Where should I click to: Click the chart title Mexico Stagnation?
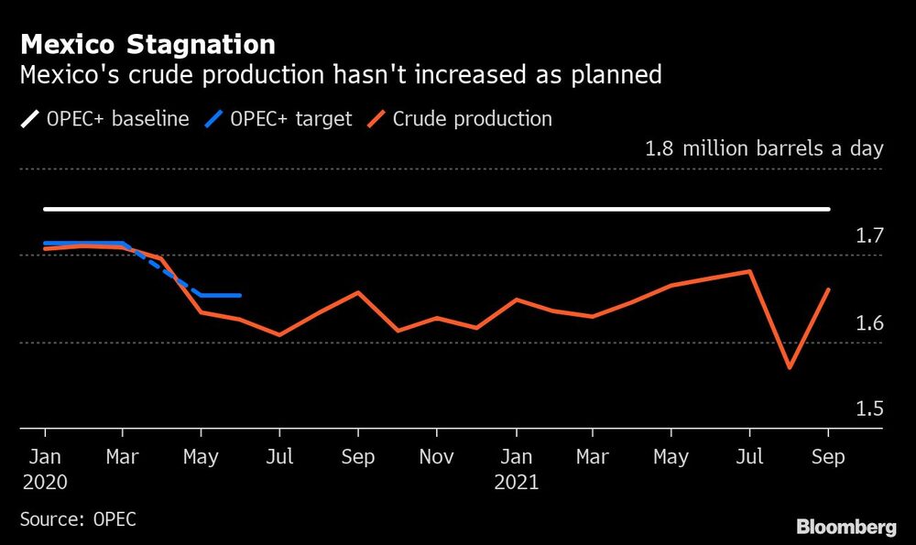coord(147,44)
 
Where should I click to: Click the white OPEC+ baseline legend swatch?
coord(29,119)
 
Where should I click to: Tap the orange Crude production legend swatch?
coord(376,119)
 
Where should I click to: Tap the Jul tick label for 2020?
coord(279,456)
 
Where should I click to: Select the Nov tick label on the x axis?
coord(436,456)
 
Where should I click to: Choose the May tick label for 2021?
coord(671,456)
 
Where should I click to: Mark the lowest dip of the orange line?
coord(789,368)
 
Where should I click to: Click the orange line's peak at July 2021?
coord(750,271)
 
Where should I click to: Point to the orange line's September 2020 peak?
coord(358,292)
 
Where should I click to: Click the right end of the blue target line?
coord(239,295)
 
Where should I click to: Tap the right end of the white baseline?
coord(828,210)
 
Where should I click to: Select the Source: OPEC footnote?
coord(78,519)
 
